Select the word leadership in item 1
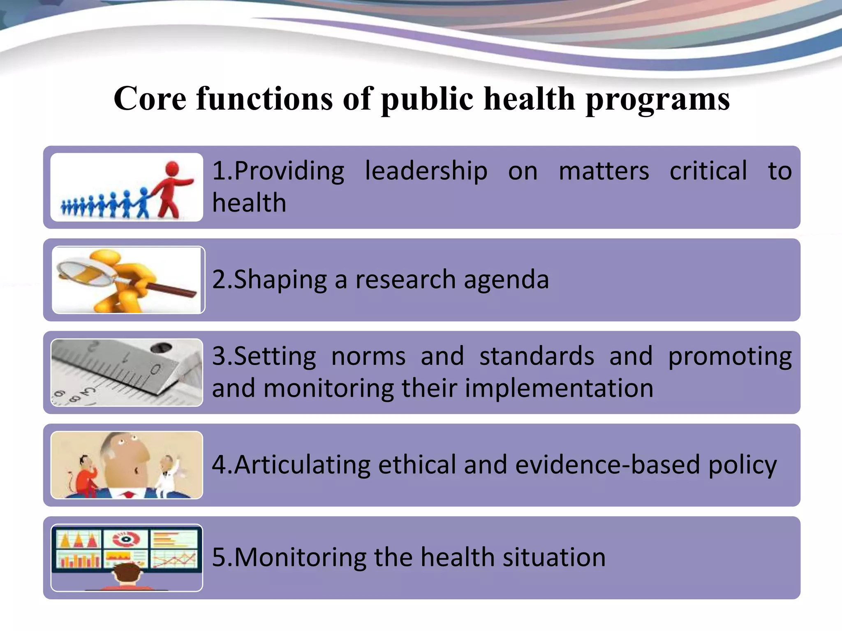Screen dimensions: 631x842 point(426,171)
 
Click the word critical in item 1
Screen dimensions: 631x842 point(708,171)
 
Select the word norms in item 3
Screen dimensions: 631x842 point(368,356)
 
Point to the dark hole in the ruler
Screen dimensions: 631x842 point(161,348)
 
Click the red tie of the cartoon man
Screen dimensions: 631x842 point(128,494)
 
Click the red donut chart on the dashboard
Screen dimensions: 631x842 point(125,539)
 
